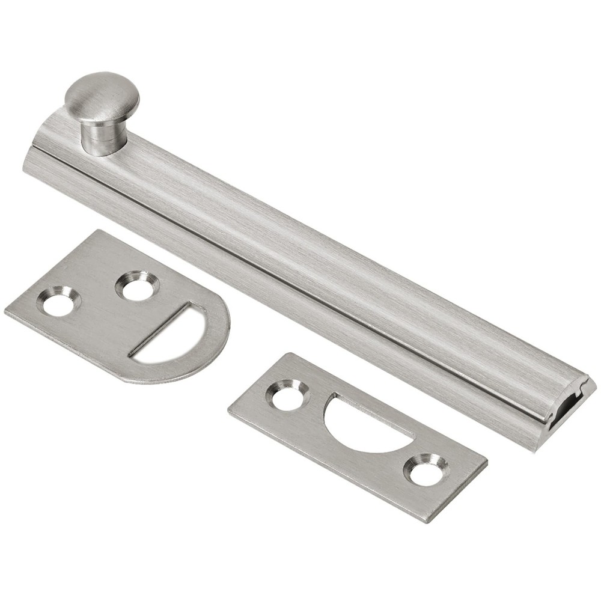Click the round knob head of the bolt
(x=102, y=96)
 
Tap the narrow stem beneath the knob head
(x=101, y=138)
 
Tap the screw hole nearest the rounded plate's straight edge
(x=58, y=302)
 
